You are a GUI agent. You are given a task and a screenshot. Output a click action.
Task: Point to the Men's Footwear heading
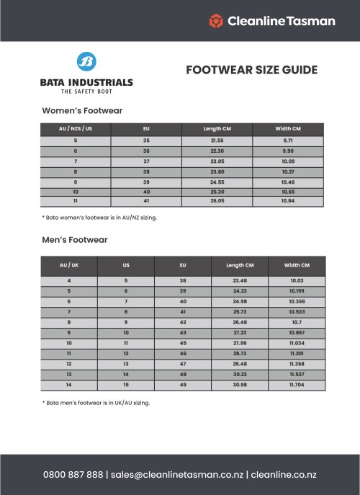[x=75, y=239]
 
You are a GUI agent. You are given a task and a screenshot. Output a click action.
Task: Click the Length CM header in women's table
[x=217, y=128]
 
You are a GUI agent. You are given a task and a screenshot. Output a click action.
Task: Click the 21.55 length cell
[x=217, y=140]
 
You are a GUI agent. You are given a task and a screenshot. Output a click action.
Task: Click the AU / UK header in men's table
[x=69, y=264]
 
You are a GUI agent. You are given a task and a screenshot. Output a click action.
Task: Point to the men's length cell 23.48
[x=240, y=280]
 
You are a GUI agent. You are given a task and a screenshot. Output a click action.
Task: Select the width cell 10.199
[x=297, y=290]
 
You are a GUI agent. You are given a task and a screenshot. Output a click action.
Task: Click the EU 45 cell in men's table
[x=183, y=344]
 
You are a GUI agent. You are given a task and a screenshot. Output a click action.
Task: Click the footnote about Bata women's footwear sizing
[x=99, y=216]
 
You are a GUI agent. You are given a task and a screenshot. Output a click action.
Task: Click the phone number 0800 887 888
[x=72, y=475]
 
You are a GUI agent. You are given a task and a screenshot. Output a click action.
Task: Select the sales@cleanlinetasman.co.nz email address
[x=176, y=475]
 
